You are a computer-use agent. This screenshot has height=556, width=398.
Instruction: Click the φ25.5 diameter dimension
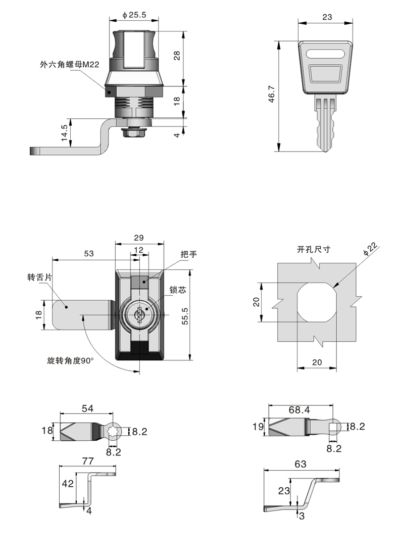[x=133, y=15]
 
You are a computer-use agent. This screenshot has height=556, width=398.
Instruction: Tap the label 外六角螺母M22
[x=69, y=64]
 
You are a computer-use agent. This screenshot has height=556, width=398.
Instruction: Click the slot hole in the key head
[x=325, y=54]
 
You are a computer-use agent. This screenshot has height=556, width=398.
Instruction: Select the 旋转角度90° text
[x=70, y=361]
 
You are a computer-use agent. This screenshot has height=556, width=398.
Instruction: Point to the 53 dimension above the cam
[x=89, y=254]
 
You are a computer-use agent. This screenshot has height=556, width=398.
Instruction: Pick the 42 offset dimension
[x=67, y=483]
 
